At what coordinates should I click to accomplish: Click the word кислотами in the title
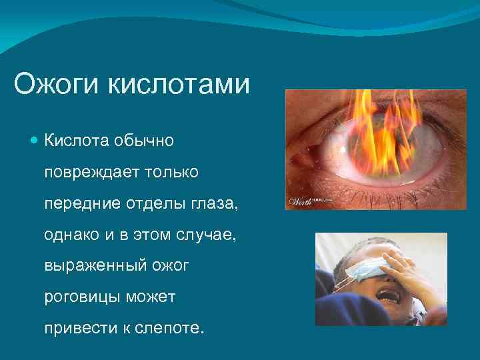(179, 85)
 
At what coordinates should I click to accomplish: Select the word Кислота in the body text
(78, 141)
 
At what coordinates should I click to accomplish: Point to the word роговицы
(81, 296)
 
